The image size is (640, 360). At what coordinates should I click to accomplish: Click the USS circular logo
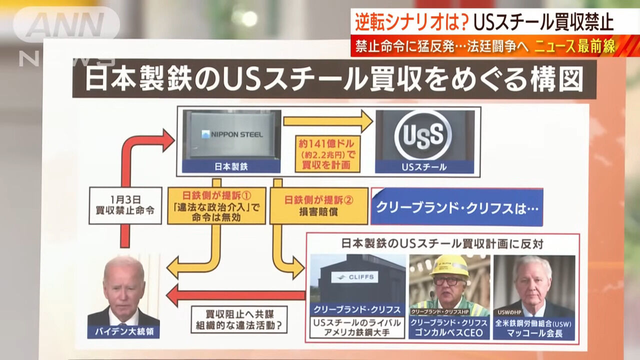tap(423, 135)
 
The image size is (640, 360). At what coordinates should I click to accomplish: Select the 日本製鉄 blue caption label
tap(231, 166)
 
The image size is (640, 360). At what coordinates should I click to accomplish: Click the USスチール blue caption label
tap(424, 167)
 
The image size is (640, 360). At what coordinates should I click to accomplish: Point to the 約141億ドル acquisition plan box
tap(327, 154)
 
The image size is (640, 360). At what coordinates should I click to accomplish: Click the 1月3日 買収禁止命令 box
tap(125, 205)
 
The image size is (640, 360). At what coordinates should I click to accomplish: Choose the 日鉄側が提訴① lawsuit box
tap(216, 205)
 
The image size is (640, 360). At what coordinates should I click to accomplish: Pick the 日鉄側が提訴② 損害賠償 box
tap(319, 205)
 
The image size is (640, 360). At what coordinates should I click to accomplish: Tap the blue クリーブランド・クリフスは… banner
tap(456, 207)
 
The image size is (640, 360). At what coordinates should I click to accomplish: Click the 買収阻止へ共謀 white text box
tap(239, 319)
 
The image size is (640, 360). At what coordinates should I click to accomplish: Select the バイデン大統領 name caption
tap(123, 331)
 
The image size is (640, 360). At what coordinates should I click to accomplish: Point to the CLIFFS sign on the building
tap(354, 277)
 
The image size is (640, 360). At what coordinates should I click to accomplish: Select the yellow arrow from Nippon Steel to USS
tap(328, 121)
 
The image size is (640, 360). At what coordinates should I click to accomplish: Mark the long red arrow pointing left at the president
tap(235, 295)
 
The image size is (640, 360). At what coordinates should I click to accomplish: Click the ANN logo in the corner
tap(67, 24)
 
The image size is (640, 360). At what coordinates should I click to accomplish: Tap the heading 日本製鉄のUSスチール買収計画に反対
tap(442, 243)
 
